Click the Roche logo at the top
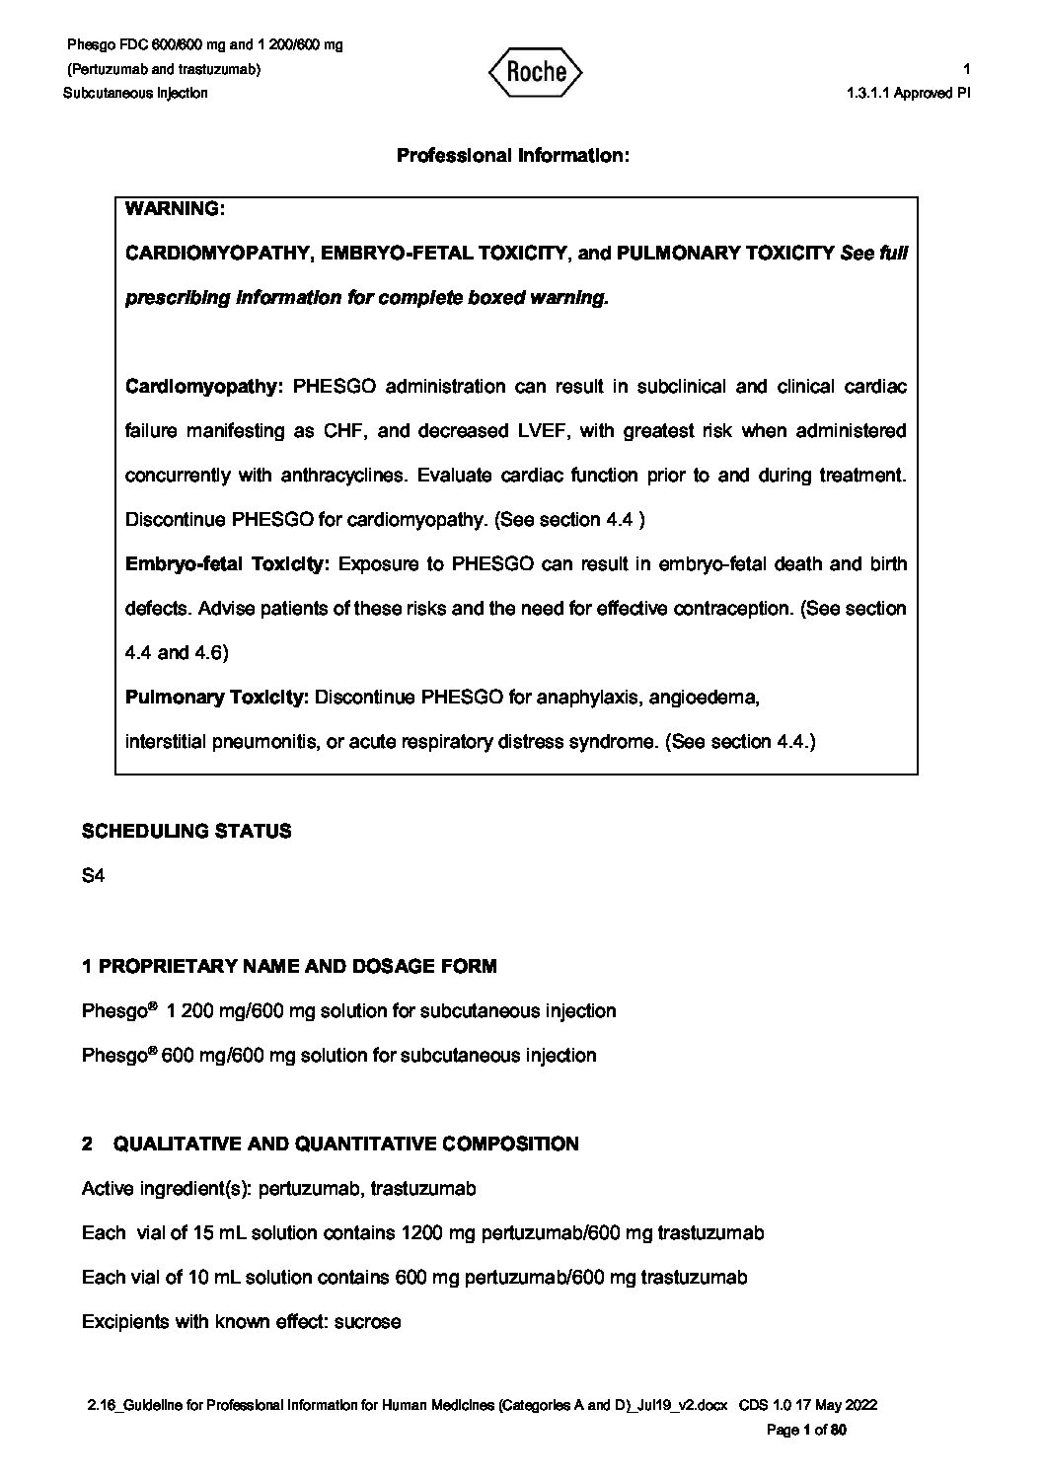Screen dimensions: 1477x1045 point(535,72)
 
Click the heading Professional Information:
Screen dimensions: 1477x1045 point(512,156)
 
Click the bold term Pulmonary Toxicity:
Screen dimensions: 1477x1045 point(217,698)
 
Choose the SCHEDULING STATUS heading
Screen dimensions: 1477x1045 point(187,831)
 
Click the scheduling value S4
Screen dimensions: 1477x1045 point(93,875)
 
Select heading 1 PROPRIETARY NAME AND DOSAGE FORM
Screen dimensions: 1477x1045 point(289,966)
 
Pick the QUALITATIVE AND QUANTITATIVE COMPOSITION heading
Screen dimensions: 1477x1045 point(346,1144)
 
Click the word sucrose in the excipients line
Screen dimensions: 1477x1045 point(368,1321)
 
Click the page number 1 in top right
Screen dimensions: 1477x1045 point(967,69)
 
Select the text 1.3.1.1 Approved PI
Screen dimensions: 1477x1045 point(909,93)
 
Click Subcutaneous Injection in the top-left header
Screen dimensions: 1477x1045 point(135,93)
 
